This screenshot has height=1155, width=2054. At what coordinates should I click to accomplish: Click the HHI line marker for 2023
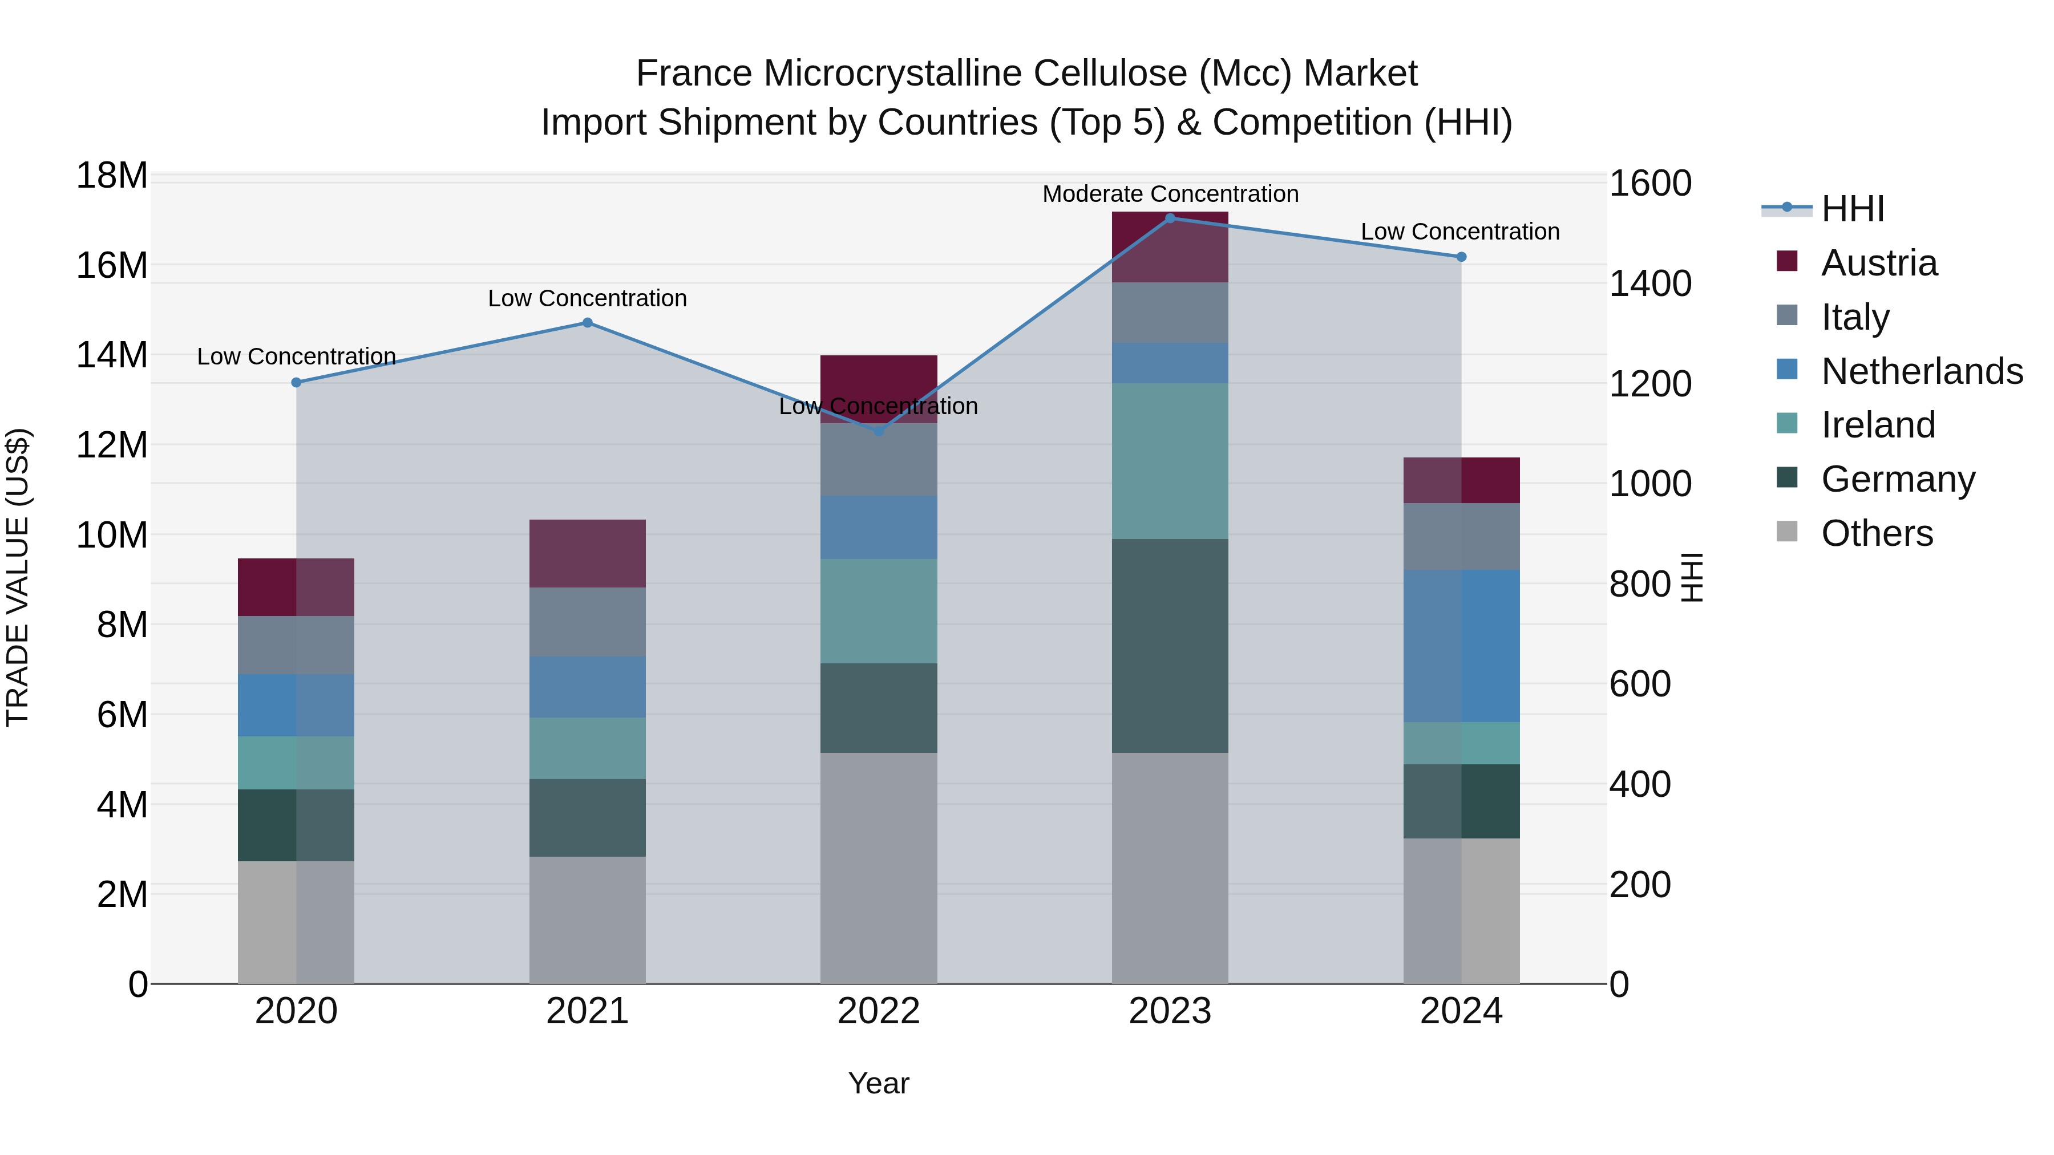[x=1170, y=218]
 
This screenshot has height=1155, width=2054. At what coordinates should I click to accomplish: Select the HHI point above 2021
[x=588, y=323]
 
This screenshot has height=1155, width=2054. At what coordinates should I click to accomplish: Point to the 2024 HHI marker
[x=1461, y=257]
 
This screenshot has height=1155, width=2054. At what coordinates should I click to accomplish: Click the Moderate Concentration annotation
[x=1170, y=194]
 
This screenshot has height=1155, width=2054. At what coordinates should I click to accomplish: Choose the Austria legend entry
[x=1879, y=263]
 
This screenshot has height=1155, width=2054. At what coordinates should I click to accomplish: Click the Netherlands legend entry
[x=1922, y=371]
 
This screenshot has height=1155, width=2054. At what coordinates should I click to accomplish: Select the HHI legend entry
[x=1852, y=209]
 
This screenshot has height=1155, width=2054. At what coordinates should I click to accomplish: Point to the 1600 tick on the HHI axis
[x=1649, y=183]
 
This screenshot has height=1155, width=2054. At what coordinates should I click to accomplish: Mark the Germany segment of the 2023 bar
[x=1170, y=646]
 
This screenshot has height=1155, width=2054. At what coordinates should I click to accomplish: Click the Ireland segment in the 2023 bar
[x=1170, y=461]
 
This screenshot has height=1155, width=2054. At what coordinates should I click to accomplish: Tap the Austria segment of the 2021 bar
[x=588, y=554]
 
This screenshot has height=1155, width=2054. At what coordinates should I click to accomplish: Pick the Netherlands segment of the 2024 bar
[x=1461, y=646]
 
